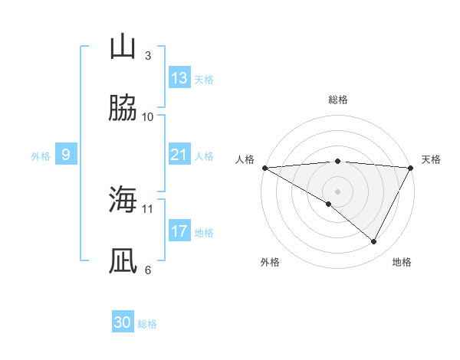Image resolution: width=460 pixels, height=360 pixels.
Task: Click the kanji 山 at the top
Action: [x=123, y=47]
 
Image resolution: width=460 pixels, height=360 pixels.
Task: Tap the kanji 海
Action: [x=123, y=200]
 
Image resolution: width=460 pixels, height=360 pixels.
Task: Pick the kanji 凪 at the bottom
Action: [x=123, y=260]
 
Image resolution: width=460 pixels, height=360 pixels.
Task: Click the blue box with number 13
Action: [x=179, y=78]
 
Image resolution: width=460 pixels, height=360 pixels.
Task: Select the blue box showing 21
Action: [x=179, y=155]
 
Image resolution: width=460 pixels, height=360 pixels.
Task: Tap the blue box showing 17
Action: [x=179, y=231]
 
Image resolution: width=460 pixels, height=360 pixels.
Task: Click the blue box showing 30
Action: [x=123, y=322]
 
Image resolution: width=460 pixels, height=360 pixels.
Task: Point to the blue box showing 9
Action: [x=66, y=155]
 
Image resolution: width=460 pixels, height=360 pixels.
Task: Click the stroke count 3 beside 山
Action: [x=147, y=56]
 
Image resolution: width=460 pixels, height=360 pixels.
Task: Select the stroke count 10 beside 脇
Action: [x=148, y=116]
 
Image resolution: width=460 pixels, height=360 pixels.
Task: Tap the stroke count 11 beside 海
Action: [x=148, y=208]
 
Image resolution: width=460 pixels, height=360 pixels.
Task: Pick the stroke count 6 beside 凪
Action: [x=147, y=270]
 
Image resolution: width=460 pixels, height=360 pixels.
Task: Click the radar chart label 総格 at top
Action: [x=337, y=100]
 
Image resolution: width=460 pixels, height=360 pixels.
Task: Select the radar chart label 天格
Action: [x=431, y=159]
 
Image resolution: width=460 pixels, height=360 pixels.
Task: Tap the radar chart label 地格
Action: [x=402, y=262]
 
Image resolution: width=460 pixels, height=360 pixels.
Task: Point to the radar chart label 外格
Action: [x=270, y=262]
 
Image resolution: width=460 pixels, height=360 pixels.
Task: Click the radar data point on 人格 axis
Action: [x=264, y=168]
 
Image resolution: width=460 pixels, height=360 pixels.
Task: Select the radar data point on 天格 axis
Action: [x=411, y=168]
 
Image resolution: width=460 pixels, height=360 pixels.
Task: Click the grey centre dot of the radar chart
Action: [x=337, y=191]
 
